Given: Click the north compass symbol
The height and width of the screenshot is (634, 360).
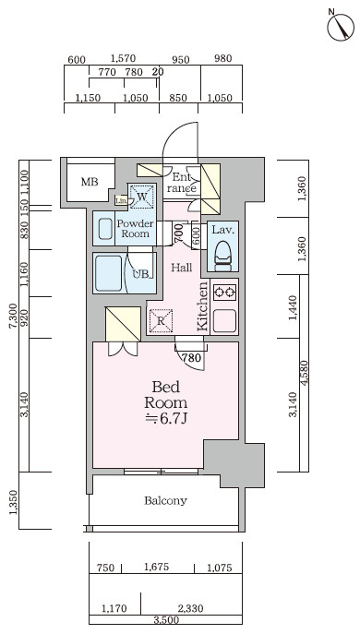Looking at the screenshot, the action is tap(341, 26).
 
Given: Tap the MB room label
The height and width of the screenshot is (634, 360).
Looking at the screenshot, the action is tap(90, 182).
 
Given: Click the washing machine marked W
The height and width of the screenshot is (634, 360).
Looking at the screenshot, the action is tap(141, 196).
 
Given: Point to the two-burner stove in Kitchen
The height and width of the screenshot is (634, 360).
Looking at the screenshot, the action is tap(224, 292).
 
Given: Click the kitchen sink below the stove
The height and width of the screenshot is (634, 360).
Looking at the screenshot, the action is tap(224, 321).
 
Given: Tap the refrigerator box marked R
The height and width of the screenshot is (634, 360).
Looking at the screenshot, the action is tap(161, 321).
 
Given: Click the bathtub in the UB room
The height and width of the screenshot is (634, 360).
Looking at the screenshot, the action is tap(109, 273).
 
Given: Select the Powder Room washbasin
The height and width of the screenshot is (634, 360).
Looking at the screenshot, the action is tap(105, 230).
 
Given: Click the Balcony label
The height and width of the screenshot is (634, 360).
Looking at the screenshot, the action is tap(165, 500).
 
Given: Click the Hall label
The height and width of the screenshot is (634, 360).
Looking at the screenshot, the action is tap(181, 268).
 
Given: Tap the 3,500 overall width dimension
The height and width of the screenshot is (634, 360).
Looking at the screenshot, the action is tap(166, 620).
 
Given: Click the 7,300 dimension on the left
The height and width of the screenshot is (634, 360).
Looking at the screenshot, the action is tap(14, 317).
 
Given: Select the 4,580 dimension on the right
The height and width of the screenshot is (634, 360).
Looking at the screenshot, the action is tap(305, 374).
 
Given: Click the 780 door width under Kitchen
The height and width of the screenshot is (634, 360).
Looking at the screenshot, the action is tap(191, 357).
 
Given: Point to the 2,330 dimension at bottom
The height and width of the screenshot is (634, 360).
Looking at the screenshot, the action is tap(190, 608).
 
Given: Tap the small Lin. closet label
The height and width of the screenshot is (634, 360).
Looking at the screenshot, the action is tap(121, 200).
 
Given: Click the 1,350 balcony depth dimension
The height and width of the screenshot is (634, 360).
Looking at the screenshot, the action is tap(14, 503).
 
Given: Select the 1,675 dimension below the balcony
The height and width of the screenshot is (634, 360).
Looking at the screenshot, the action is tap(157, 568).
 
